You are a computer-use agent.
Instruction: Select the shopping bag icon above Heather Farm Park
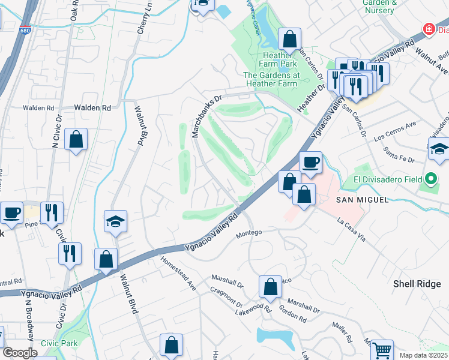(x=289, y=39)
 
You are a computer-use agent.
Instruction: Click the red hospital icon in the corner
(x=429, y=28)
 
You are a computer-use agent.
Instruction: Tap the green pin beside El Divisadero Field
(x=430, y=179)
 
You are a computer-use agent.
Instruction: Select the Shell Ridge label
(x=417, y=284)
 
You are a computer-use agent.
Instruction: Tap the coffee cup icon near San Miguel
(x=310, y=161)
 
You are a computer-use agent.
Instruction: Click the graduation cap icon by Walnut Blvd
(x=115, y=221)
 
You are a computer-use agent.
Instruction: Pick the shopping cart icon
(x=382, y=349)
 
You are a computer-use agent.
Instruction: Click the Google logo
(x=20, y=353)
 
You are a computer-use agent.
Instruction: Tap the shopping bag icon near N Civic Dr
(x=77, y=140)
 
